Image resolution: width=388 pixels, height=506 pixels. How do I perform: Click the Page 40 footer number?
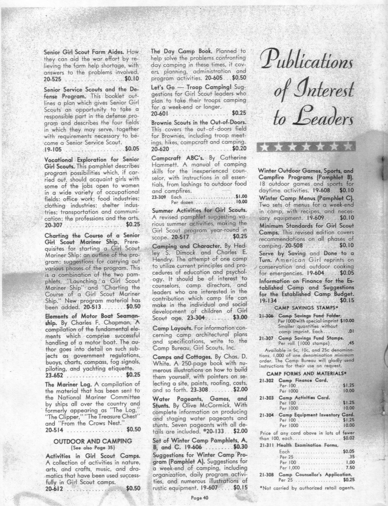pos(199,497)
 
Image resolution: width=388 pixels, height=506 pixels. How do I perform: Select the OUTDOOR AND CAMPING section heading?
pos(93,441)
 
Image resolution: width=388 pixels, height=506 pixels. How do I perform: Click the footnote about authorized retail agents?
pos(306,488)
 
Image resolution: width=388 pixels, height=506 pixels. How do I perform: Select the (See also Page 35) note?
pos(92,448)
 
